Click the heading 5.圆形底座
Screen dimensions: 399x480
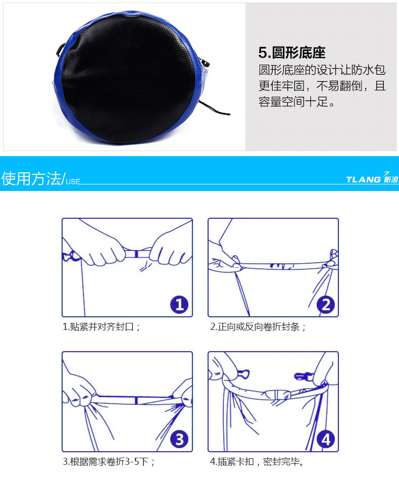coord(291,53)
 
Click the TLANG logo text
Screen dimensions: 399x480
coord(363,179)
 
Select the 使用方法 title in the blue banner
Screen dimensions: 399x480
coord(31,178)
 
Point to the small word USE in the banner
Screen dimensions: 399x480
coord(73,181)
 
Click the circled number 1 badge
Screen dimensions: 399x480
coord(179,305)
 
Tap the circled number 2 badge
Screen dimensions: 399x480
coord(326,305)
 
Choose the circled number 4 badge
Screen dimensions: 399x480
coord(326,440)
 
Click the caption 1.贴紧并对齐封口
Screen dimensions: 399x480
coord(102,326)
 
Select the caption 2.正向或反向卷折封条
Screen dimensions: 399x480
coord(258,326)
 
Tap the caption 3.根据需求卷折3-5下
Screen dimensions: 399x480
coord(109,461)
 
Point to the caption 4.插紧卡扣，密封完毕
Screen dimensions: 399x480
coord(257,461)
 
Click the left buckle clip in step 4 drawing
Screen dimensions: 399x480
coord(243,374)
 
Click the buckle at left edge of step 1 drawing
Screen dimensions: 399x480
coord(70,256)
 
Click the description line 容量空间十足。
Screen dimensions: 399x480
coord(297,102)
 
